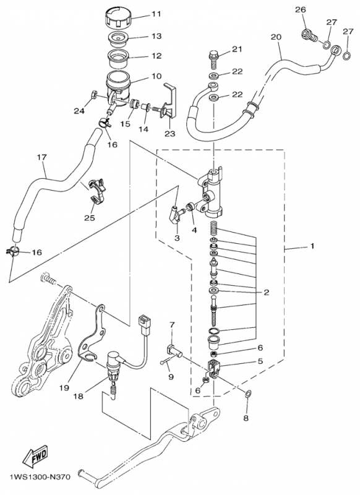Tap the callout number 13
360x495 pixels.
156,36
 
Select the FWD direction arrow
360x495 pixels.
35,456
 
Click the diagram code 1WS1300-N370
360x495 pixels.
35,476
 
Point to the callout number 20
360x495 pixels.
275,37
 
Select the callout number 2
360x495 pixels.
267,292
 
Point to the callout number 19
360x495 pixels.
64,388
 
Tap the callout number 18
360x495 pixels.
78,396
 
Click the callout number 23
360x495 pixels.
169,134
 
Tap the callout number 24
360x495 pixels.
79,111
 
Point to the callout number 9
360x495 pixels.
171,377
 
